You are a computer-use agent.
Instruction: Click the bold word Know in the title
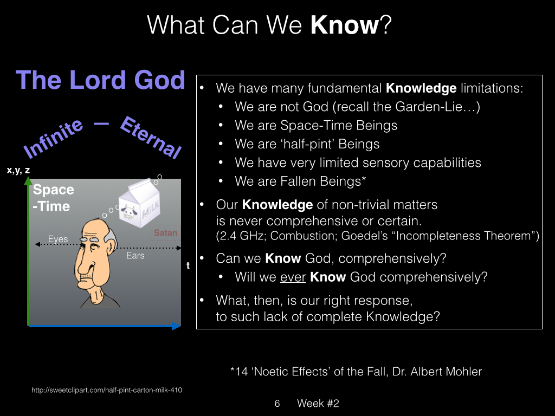click(x=344, y=25)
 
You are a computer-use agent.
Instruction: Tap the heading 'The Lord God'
click(x=100, y=80)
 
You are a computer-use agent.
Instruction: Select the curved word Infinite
click(x=53, y=138)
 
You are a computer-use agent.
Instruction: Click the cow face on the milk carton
click(x=129, y=212)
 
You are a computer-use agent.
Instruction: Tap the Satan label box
click(x=166, y=232)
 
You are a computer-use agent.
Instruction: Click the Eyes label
click(x=58, y=239)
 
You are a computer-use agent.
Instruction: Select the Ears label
click(x=135, y=256)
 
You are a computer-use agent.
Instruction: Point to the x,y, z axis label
click(x=18, y=170)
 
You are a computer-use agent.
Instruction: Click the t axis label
click(x=188, y=265)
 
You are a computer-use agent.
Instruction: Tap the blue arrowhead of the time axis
click(x=176, y=326)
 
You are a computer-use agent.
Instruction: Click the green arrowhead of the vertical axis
click(x=28, y=181)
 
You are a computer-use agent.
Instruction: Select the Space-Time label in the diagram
click(x=54, y=198)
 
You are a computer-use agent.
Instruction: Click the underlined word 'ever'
click(x=293, y=277)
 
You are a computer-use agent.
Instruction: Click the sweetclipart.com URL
click(x=107, y=390)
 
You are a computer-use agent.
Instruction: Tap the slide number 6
click(x=277, y=403)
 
